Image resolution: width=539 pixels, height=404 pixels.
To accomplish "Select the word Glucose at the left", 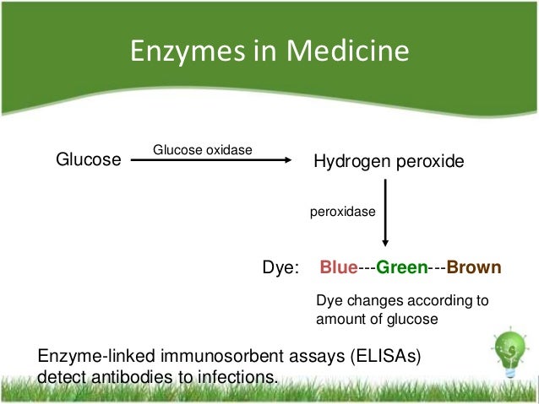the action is tap(88, 159).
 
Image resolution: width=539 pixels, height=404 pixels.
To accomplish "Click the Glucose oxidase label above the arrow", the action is tap(203, 150).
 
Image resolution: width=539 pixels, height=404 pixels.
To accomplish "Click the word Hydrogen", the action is tap(349, 160).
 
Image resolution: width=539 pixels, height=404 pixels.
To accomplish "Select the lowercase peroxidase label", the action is tap(342, 214).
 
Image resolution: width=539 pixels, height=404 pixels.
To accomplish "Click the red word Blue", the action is tap(338, 268).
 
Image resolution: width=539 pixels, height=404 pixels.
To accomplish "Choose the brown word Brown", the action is tap(473, 268).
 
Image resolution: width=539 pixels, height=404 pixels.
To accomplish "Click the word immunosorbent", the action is tap(211, 357).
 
